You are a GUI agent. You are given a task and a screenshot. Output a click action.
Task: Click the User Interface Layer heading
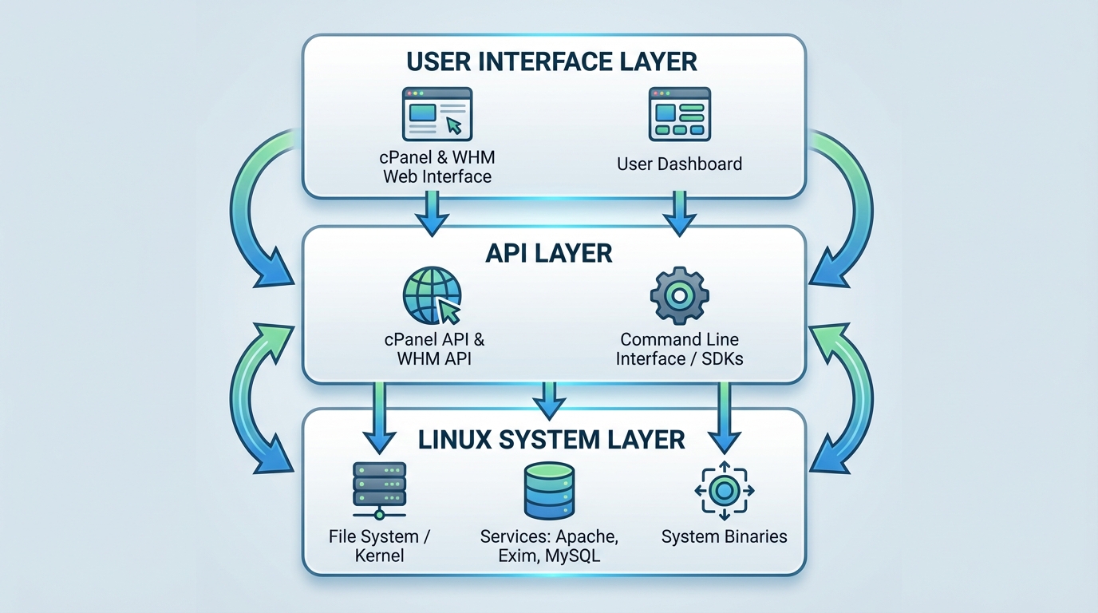coord(551,61)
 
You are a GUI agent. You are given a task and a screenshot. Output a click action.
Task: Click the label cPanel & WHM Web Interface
coord(437,166)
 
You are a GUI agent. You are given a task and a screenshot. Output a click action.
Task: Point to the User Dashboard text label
coord(679,164)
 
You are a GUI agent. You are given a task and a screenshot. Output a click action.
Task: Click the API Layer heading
coord(549,253)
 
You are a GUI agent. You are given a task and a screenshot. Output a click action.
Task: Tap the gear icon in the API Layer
coord(678,295)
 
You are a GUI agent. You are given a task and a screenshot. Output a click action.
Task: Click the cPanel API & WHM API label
coord(434,349)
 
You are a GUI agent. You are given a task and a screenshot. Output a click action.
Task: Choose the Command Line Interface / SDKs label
coord(679,349)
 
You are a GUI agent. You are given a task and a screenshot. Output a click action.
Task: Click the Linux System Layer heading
coord(551,439)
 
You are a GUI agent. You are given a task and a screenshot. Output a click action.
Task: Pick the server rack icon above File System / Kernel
coord(379,488)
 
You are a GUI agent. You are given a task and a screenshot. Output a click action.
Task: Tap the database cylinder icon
coord(549,490)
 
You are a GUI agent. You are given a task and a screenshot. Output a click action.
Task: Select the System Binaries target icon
coord(725,489)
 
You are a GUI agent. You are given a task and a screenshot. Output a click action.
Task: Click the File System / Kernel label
coord(379,545)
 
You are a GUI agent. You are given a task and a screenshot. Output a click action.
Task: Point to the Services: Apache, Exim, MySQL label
coord(549,545)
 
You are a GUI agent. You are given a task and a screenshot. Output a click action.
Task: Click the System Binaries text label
coord(725,536)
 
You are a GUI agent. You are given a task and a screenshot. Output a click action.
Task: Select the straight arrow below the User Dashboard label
coord(679,213)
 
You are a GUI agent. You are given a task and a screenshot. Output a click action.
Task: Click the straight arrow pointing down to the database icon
coord(548,400)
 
